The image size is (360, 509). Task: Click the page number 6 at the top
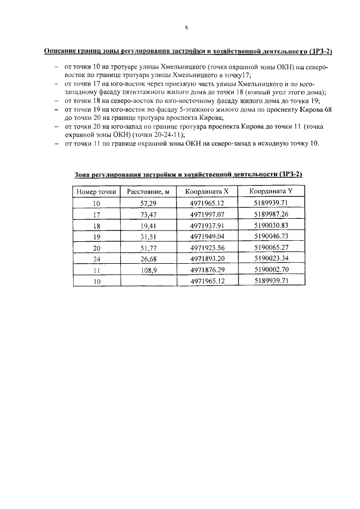coord(186,27)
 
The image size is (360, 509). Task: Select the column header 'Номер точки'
coord(96,192)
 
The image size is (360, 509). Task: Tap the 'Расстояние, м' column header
coord(148,192)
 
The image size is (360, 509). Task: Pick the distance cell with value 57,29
coord(148,204)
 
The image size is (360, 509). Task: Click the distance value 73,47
coord(148,215)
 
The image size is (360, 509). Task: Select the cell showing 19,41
coord(148,226)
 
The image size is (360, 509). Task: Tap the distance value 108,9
coord(148,270)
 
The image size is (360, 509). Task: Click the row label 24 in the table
coord(96,259)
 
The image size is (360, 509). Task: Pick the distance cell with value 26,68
coord(148,259)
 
